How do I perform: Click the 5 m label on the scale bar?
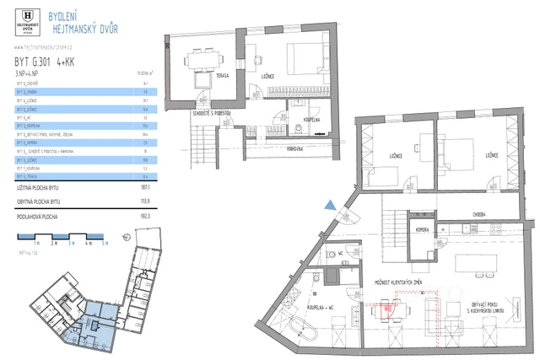tap(106, 242)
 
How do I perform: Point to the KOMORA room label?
tap(424, 229)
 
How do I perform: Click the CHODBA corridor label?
tap(479, 213)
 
